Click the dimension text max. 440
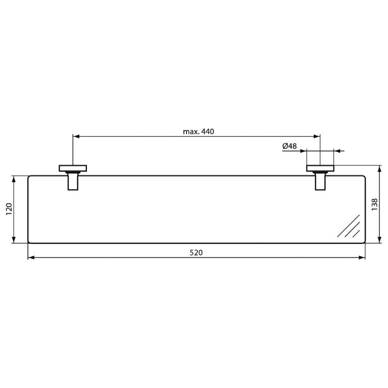coord(198,131)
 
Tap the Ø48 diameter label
coord(289,146)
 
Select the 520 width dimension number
coord(196,253)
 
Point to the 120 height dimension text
coord(9,209)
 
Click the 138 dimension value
coord(374,205)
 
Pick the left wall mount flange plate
coord(73,168)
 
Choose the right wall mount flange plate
coord(320,168)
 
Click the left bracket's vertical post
coord(73,181)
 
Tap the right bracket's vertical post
coord(320,181)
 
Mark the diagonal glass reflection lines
coord(349,226)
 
